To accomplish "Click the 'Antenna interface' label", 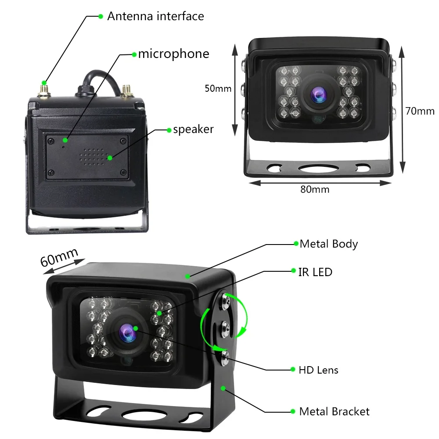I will pos(155,16).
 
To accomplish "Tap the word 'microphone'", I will pos(173,54).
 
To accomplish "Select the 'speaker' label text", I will pos(193,130).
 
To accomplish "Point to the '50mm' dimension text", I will pos(218,88).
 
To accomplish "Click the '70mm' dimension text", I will pos(420,111).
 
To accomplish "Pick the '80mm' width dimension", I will pos(315,189).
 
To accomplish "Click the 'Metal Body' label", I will pos(328,244).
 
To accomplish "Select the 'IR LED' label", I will pos(315,272).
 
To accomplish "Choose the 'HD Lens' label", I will pos(318,370).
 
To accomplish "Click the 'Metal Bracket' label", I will pos(334,411).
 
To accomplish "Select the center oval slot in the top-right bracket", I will pos(317,167).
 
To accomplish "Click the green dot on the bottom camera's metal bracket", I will pos(223,388).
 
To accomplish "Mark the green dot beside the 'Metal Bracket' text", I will pos(292,411).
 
